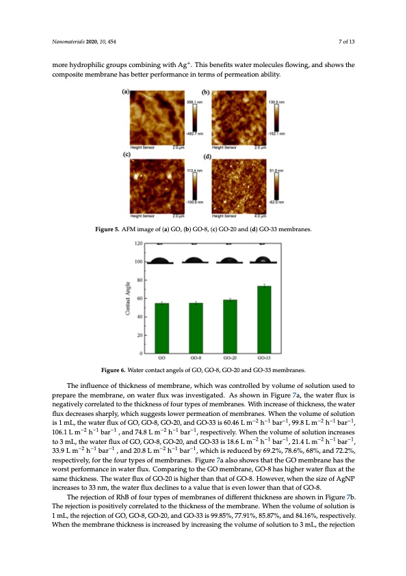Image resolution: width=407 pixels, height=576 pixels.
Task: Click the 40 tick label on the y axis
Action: coord(139,317)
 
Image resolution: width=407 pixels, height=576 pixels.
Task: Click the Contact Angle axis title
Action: coord(127,298)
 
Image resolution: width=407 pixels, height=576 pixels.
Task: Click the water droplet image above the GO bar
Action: coord(161,260)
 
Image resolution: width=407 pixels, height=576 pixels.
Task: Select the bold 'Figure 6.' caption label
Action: coord(113,371)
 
